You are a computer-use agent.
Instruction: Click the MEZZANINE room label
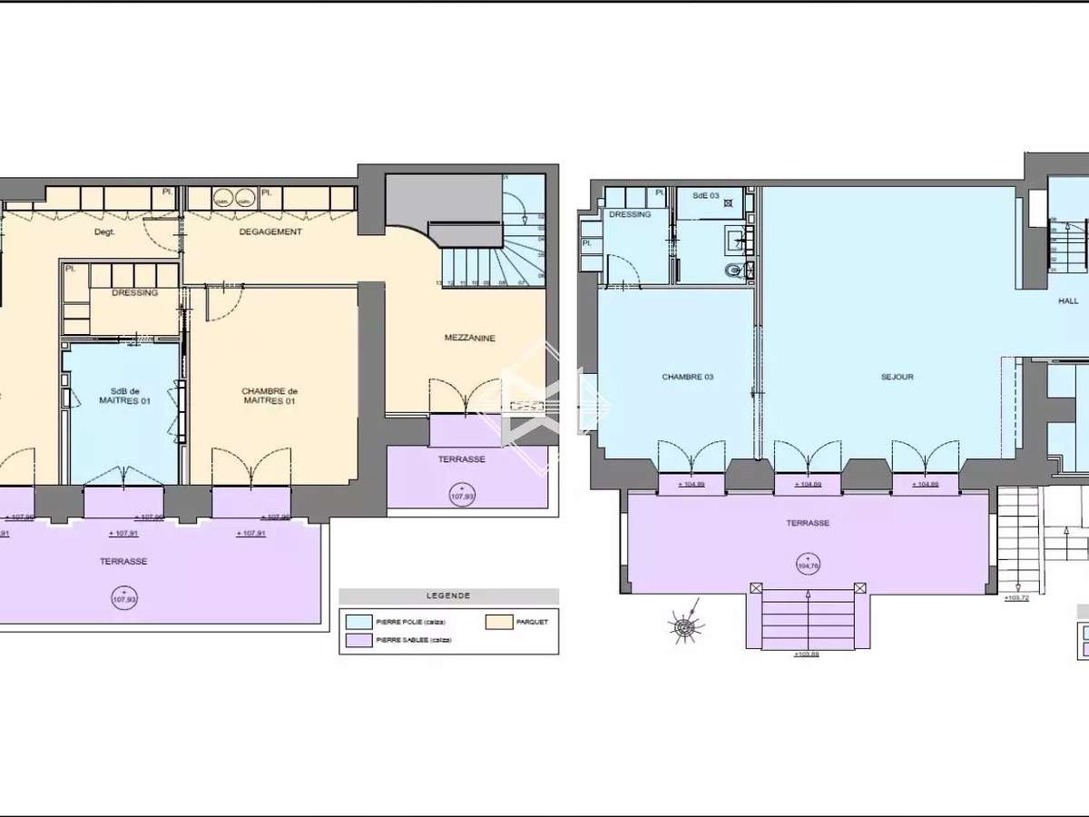pos(469,338)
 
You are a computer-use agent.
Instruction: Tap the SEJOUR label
pos(897,377)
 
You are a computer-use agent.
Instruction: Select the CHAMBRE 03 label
pos(687,377)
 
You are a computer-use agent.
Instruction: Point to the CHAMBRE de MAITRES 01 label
pos(270,396)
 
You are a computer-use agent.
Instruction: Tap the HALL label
pos(1068,301)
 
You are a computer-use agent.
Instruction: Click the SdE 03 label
pos(705,196)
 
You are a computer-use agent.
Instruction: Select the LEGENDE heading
pos(448,596)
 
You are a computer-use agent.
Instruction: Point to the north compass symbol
pos(687,626)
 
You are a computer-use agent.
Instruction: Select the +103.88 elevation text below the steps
pos(806,654)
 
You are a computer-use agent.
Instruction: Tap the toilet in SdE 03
pos(734,270)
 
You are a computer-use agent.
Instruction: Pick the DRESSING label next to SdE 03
pos(630,214)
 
